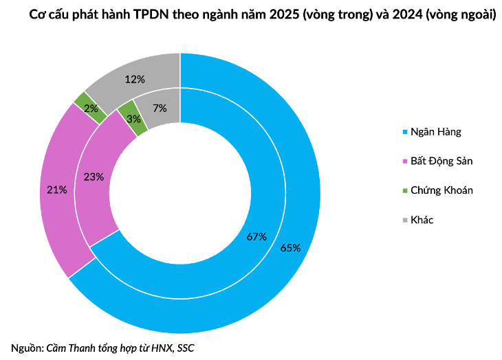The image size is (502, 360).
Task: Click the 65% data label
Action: click(x=290, y=248)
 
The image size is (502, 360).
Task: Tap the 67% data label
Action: click(x=256, y=237)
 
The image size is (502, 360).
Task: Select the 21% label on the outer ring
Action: click(x=57, y=190)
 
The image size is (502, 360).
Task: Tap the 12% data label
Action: click(x=135, y=79)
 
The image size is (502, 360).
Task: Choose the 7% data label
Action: click(x=160, y=108)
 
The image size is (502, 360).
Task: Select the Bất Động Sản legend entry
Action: click(x=441, y=161)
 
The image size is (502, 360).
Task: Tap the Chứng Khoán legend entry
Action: click(x=441, y=190)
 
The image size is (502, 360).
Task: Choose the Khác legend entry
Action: click(x=421, y=220)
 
